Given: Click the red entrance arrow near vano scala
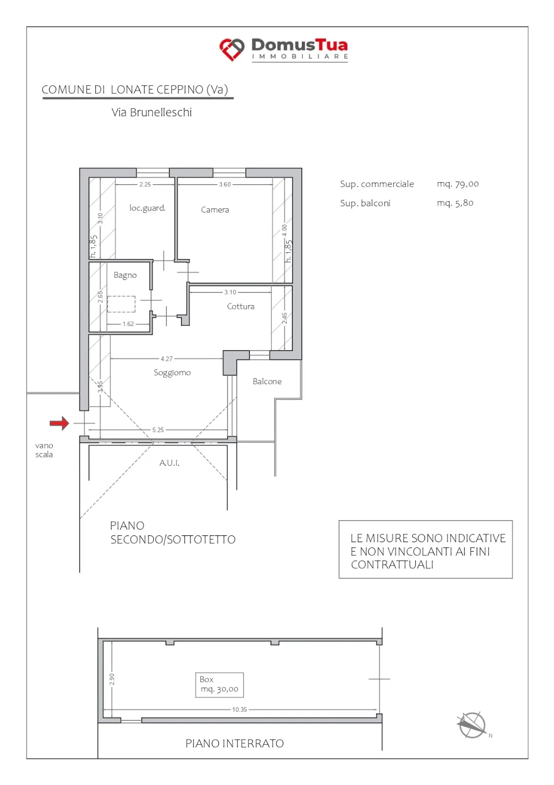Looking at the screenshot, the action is [x=59, y=423].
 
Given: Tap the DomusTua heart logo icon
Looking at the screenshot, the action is [x=232, y=49].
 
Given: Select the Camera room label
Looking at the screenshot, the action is [x=215, y=209].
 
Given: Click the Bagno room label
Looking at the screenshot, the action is [x=125, y=275].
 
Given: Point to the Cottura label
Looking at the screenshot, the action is [x=241, y=306].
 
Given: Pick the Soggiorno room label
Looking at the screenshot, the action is [x=172, y=373].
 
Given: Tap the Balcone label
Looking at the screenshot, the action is [x=267, y=382].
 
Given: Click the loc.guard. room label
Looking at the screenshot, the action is [x=147, y=208].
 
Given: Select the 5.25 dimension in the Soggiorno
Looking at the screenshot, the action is [x=158, y=430].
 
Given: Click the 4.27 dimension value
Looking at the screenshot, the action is [x=167, y=359].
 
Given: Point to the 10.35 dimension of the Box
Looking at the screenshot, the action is [x=240, y=709].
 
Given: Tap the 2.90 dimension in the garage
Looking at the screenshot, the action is [x=112, y=679].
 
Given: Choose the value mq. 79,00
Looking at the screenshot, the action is [x=458, y=184].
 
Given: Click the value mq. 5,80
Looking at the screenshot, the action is [x=455, y=203].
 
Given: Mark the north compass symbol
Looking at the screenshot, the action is [x=472, y=725].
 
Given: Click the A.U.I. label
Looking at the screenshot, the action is [x=169, y=463].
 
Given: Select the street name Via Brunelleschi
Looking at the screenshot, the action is [x=152, y=113].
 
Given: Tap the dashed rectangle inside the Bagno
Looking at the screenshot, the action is [x=121, y=304].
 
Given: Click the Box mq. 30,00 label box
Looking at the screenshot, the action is [x=219, y=685].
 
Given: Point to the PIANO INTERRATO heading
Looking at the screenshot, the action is [x=234, y=743].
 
